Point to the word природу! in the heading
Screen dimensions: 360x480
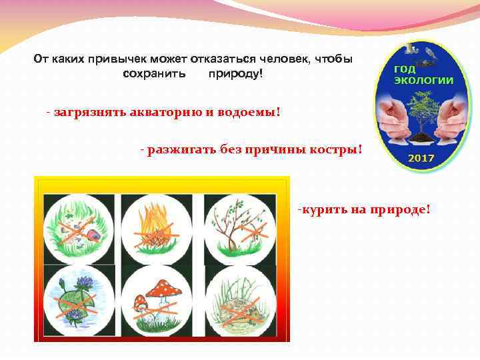click(235, 72)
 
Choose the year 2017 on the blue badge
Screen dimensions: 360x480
click(421, 159)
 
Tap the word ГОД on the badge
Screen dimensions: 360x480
click(405, 69)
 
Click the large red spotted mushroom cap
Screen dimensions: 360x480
click(163, 289)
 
